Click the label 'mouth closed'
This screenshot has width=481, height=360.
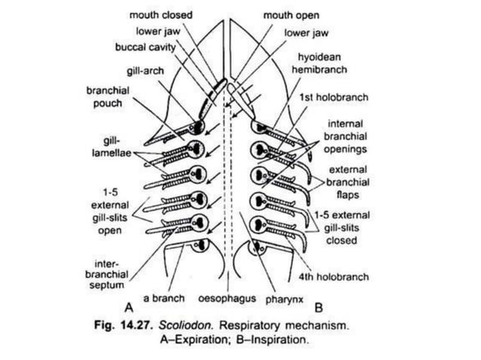point(161,14)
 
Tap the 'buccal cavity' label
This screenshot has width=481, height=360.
point(146,47)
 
